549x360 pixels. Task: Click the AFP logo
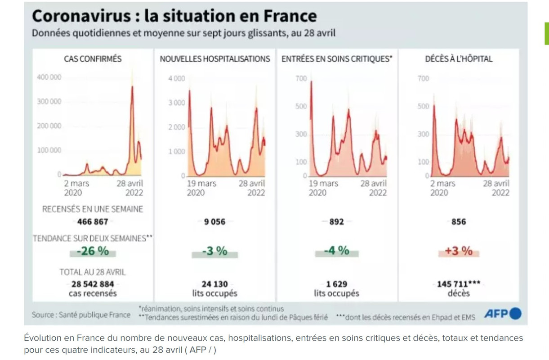[503, 314]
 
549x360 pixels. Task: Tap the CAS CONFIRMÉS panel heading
[93, 58]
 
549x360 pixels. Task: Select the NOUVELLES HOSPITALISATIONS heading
[215, 58]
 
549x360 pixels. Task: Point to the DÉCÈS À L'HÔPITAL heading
[459, 58]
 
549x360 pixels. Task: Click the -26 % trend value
[93, 251]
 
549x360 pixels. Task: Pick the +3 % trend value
[459, 251]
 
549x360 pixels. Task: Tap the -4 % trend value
[337, 251]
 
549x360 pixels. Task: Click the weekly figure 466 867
[93, 221]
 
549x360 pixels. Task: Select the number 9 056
[215, 221]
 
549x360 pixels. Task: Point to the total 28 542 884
[93, 284]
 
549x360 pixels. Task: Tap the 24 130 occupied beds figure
[215, 284]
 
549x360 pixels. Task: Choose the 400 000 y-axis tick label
[49, 77]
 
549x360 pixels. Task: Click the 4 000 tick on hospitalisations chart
[176, 78]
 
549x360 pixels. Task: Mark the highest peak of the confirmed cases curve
[132, 86]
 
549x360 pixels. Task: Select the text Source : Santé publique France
[81, 315]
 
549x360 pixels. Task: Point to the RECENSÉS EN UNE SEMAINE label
[93, 209]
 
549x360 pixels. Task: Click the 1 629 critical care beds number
[337, 284]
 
